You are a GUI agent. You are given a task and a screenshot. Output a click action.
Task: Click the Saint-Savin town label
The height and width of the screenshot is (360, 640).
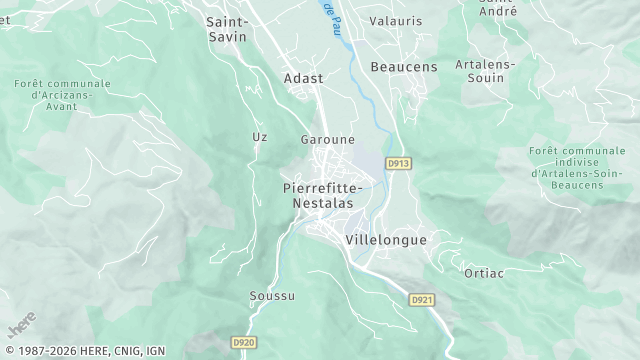(227, 28)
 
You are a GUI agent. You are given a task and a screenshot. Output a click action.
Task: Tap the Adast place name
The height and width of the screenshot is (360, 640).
(302, 77)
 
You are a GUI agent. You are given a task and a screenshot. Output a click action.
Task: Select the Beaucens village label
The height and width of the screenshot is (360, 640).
(404, 66)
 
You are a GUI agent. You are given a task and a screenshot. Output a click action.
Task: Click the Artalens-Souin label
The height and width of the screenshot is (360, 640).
(485, 71)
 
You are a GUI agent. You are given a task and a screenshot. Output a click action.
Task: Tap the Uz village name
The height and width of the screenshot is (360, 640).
(260, 136)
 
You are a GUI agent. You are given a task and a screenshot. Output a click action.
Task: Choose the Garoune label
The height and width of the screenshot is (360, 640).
(327, 139)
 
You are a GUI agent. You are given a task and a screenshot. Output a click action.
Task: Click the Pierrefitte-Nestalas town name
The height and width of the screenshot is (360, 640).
(323, 195)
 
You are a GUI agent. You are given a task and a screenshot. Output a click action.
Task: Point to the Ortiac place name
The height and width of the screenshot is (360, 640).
(482, 272)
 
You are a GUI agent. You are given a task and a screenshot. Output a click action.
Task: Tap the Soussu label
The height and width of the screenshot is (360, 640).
(272, 296)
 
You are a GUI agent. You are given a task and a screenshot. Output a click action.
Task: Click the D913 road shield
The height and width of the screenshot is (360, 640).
(399, 161)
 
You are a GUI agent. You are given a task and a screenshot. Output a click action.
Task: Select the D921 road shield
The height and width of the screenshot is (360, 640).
(423, 299)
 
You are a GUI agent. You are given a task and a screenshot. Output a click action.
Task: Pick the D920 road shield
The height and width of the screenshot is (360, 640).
(244, 342)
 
